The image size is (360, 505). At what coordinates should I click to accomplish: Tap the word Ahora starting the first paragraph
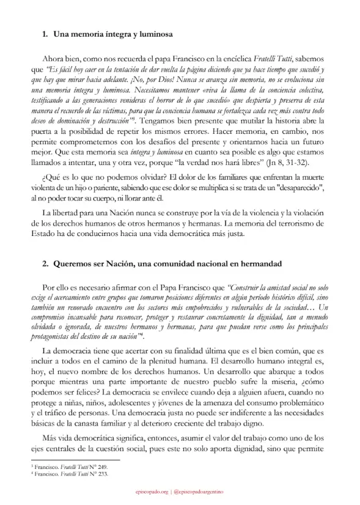[x=54, y=59]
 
